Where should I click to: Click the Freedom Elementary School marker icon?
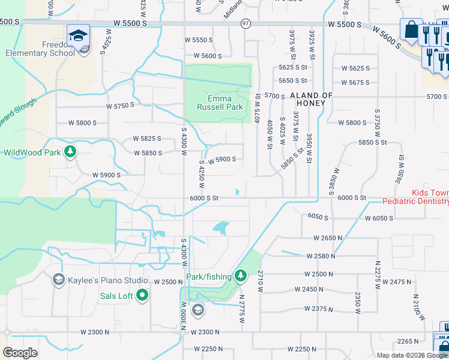click(78, 36)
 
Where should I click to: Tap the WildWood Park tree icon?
click(71, 152)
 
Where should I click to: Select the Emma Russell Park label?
click(220, 103)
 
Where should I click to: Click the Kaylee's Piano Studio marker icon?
click(58, 279)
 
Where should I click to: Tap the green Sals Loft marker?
click(142, 295)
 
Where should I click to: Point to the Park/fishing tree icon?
click(241, 275)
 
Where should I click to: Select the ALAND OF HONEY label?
click(311, 99)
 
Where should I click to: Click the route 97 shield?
click(246, 23)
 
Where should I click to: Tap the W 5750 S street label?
click(121, 106)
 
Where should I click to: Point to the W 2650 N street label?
click(328, 238)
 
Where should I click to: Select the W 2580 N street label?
click(320, 256)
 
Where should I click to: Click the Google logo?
click(20, 353)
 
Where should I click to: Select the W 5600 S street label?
click(200, 55)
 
